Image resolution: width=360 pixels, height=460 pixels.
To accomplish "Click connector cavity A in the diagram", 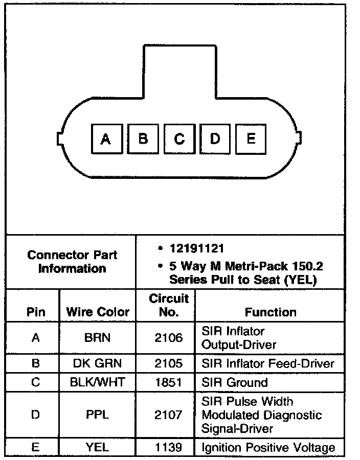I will [x=106, y=139].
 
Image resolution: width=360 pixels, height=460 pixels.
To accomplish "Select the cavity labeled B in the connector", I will [x=143, y=139].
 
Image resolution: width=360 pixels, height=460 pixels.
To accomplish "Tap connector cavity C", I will [x=179, y=139].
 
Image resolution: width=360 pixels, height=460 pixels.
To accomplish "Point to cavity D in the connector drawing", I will [x=215, y=139].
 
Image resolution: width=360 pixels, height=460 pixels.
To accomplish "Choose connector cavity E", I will [x=251, y=139].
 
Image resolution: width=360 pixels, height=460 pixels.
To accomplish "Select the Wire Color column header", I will [x=98, y=312].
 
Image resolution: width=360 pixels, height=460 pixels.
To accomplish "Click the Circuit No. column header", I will [x=168, y=305].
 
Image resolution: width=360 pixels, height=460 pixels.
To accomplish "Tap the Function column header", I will [x=271, y=312].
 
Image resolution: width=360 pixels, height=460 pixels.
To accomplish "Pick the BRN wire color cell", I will [x=98, y=338].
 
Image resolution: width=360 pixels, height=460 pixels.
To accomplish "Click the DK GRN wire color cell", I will [x=98, y=364].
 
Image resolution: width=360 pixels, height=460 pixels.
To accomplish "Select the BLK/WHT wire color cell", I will [x=98, y=383].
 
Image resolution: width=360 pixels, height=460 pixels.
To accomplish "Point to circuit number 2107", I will [x=168, y=415].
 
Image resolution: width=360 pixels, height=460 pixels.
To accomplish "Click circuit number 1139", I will [x=168, y=448].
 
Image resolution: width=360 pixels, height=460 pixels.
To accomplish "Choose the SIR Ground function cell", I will [x=235, y=383].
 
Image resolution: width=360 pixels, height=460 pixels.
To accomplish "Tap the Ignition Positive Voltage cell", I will [x=268, y=448].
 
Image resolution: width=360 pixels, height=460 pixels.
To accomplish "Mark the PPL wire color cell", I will [x=98, y=415].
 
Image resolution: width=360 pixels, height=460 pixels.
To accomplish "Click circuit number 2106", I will [x=168, y=338].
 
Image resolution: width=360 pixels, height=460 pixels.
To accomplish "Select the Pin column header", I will [x=35, y=312].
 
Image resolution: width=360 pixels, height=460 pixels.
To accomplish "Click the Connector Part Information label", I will [x=72, y=261].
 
